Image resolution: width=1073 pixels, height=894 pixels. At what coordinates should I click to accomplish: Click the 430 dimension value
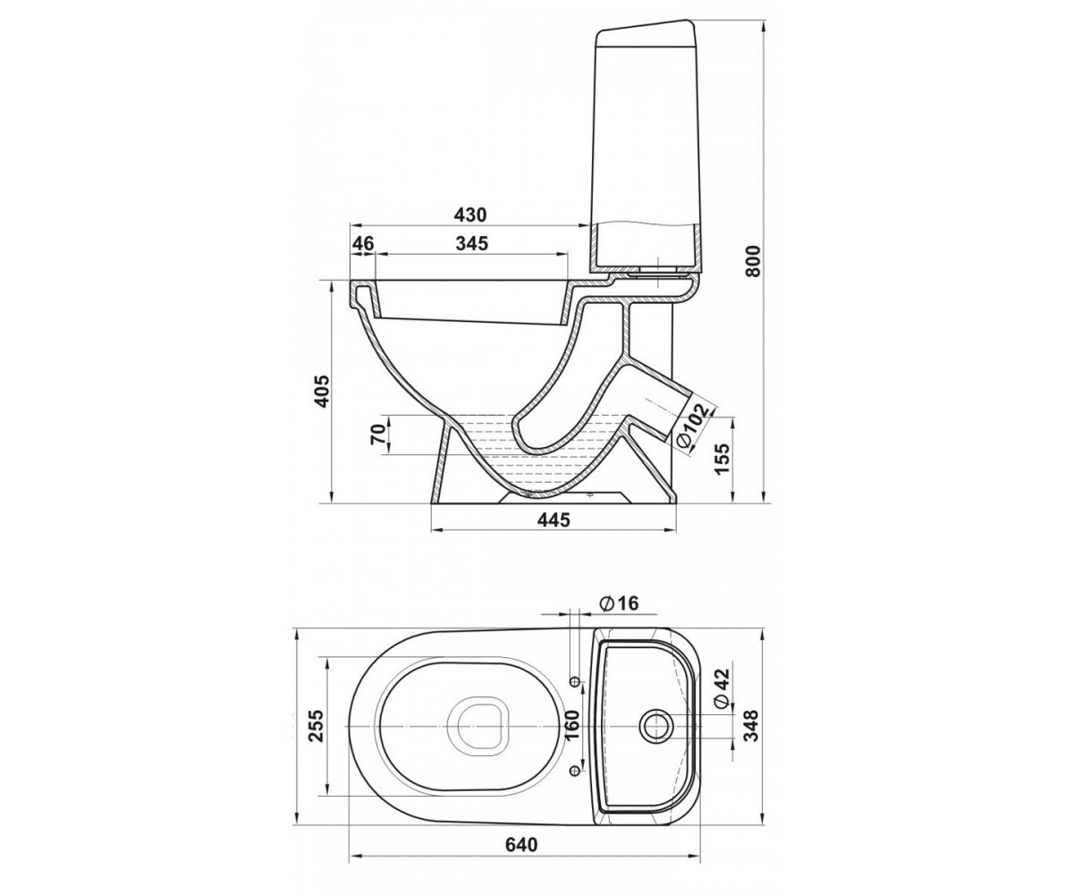[469, 215]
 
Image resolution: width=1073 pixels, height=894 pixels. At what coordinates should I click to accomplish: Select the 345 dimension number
[472, 243]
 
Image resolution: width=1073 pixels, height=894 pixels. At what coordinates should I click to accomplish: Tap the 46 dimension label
[363, 243]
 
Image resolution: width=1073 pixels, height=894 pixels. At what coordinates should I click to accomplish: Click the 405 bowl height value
[322, 392]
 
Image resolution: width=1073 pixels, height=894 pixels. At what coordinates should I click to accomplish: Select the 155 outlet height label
[722, 459]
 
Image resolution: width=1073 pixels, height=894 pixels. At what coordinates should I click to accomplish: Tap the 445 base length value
[554, 520]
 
